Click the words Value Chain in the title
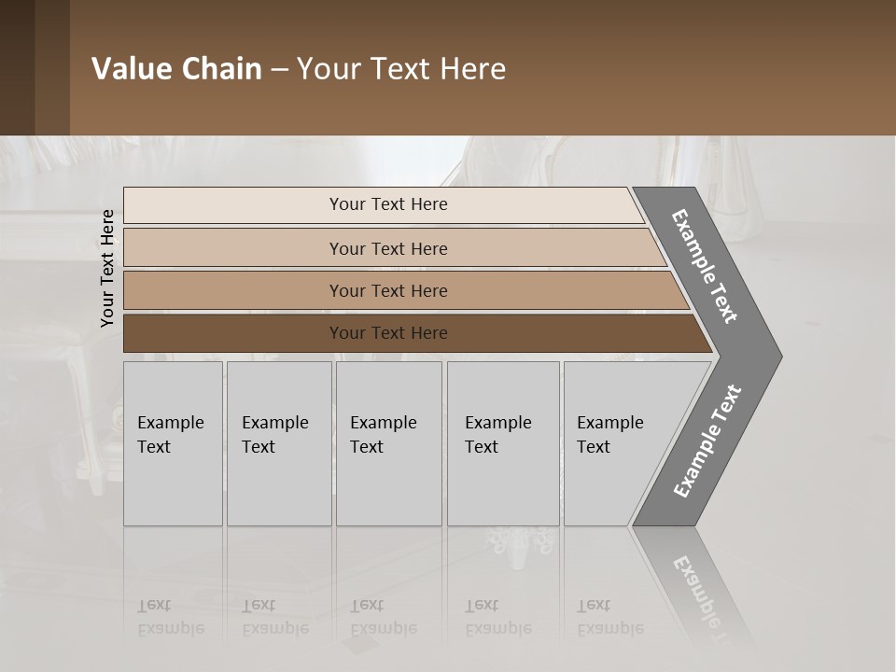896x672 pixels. (x=176, y=69)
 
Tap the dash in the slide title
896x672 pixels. (x=279, y=70)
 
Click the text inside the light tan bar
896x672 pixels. (x=388, y=248)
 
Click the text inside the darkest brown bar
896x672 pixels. (x=388, y=332)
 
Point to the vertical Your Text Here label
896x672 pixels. (x=107, y=269)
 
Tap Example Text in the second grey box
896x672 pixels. (x=274, y=434)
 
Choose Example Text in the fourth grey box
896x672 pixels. (x=497, y=434)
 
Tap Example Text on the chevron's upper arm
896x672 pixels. (x=705, y=266)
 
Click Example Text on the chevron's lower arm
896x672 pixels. (x=707, y=441)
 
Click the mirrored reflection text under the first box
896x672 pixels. (x=171, y=617)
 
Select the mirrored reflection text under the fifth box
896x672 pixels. (x=609, y=617)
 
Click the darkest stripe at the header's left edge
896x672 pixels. (x=17, y=67)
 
